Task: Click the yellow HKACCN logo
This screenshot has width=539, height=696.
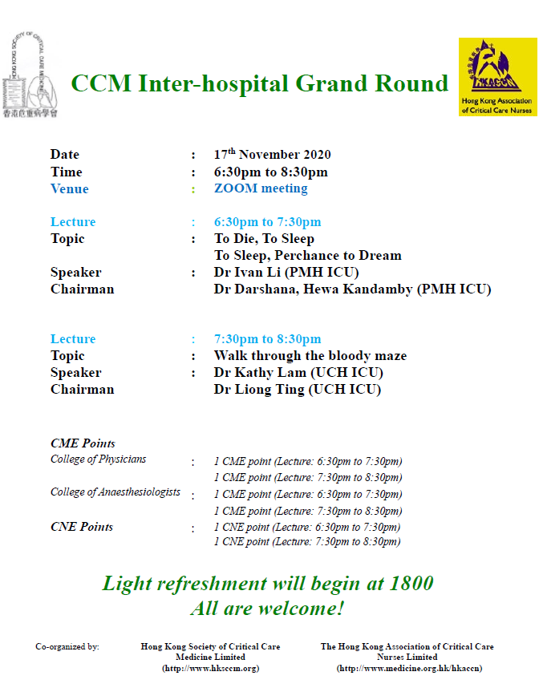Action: click(498, 77)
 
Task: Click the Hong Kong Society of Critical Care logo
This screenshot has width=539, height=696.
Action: click(30, 75)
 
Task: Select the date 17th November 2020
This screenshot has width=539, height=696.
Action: click(272, 154)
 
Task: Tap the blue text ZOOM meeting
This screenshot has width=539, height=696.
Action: click(261, 188)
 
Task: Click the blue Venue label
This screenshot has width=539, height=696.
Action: click(69, 188)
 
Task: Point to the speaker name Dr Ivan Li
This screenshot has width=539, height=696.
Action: click(247, 272)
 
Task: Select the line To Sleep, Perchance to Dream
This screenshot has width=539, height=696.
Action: click(308, 255)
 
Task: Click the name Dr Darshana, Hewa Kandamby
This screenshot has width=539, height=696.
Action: click(313, 289)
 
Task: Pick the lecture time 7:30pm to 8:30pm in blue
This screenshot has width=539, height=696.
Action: click(267, 338)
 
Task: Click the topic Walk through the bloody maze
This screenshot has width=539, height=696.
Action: click(310, 355)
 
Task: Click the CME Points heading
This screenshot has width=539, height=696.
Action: click(83, 443)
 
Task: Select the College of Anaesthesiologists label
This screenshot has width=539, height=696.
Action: click(115, 492)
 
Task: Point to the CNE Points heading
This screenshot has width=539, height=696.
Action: click(82, 527)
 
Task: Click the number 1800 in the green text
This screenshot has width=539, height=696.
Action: click(411, 583)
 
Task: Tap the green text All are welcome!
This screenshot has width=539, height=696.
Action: click(267, 608)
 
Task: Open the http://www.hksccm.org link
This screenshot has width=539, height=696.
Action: click(210, 668)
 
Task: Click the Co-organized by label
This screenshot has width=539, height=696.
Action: click(67, 647)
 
